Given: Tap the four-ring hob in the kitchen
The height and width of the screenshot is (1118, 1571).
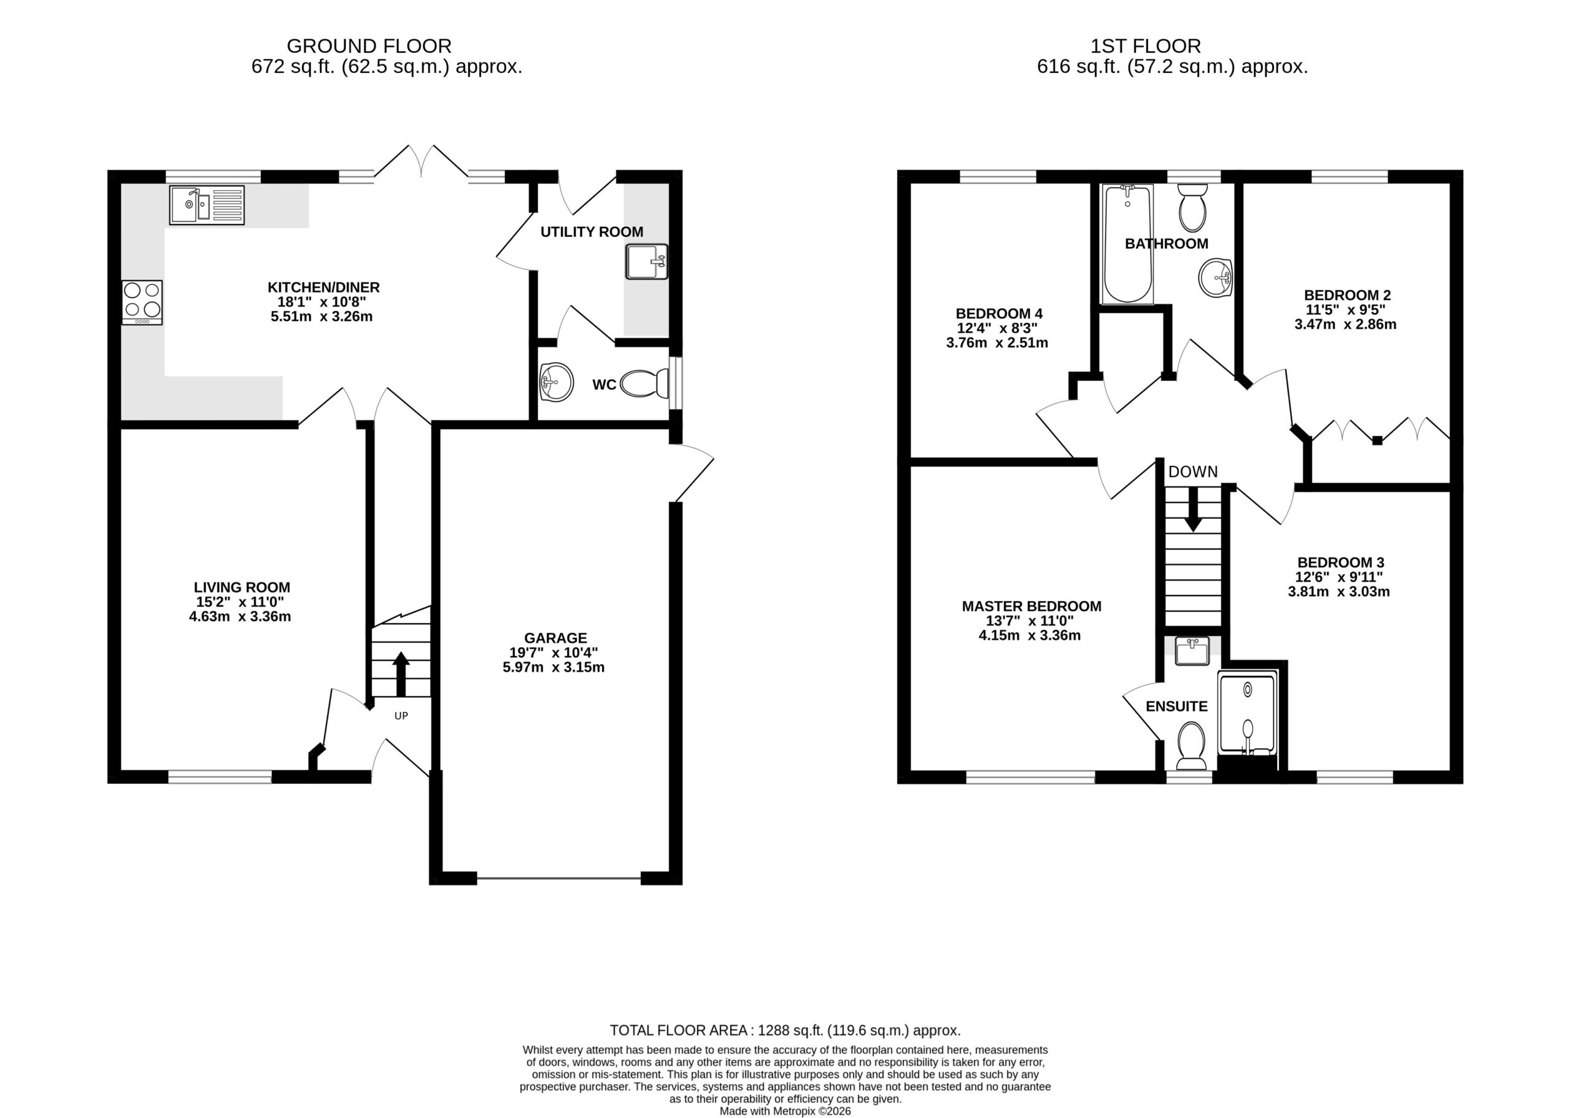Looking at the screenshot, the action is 142,302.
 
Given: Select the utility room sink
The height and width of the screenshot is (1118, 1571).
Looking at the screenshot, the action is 647,262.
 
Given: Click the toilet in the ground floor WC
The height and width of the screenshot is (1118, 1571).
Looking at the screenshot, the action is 644,383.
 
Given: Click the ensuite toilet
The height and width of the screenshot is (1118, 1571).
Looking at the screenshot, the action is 1191,746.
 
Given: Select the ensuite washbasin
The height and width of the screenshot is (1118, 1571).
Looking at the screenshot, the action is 1192,651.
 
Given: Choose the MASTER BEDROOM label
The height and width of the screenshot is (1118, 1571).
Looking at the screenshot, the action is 1032,607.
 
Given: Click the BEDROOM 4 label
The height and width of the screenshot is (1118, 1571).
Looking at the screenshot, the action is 998,314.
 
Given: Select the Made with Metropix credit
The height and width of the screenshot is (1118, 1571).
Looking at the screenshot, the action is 785,1111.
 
